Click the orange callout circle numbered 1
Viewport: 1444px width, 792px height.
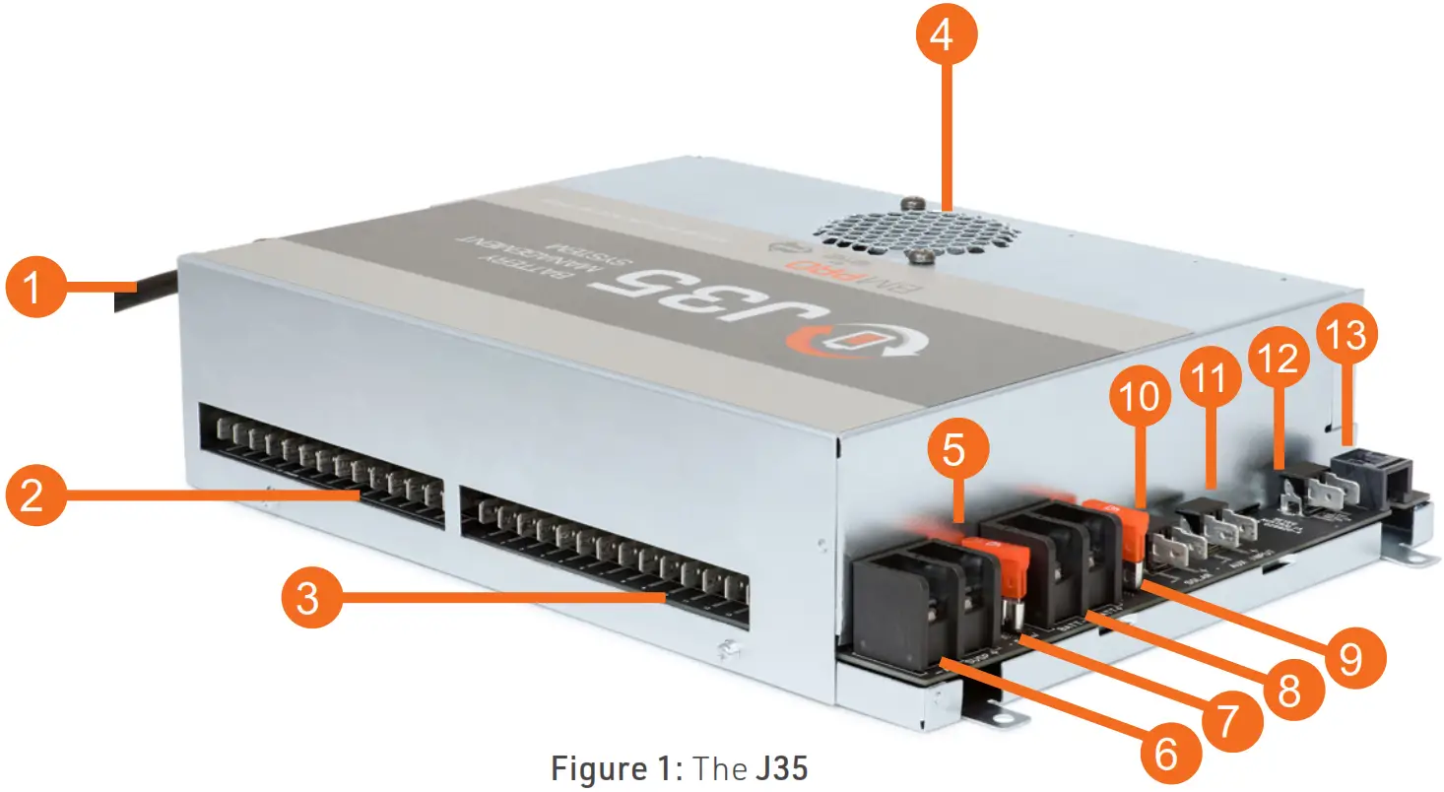click(x=35, y=291)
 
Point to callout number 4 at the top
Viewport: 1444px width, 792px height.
click(x=942, y=38)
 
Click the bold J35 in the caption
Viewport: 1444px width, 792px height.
click(x=781, y=767)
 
